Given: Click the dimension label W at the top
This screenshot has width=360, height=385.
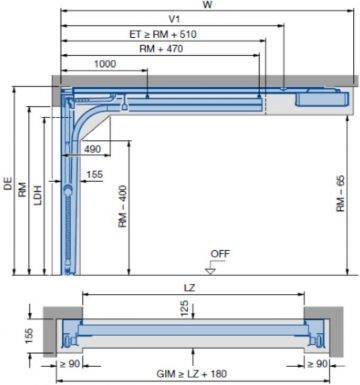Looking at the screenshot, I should (x=206, y=5).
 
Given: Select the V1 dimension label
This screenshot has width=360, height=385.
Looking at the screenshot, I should (x=174, y=19).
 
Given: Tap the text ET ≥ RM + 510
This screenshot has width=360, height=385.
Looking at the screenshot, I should (x=162, y=34).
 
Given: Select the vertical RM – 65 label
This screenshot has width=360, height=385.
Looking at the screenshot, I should (x=341, y=198).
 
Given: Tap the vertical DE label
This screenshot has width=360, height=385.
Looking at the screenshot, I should (x=8, y=184).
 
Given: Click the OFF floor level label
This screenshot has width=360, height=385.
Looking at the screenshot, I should (x=220, y=255).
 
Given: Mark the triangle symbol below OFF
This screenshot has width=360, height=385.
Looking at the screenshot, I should (x=211, y=268).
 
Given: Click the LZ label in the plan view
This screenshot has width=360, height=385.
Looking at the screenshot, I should (x=190, y=288).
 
